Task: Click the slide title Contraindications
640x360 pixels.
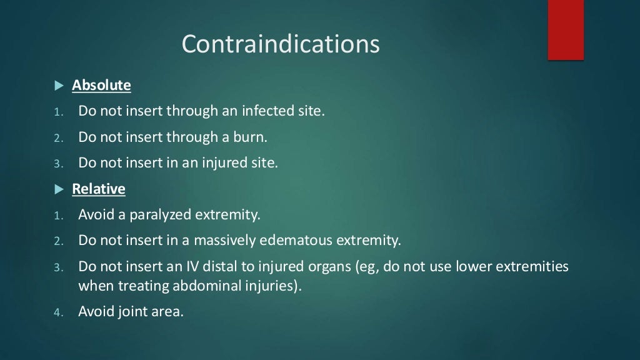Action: click(281, 44)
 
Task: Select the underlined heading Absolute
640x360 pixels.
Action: click(101, 85)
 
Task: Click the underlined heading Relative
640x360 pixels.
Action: click(99, 189)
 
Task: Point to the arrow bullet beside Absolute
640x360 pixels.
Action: click(59, 85)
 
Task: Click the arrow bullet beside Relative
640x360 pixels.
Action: click(59, 189)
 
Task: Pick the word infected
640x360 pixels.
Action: click(267, 111)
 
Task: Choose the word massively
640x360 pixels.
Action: click(224, 241)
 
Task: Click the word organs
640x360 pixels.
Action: click(329, 267)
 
